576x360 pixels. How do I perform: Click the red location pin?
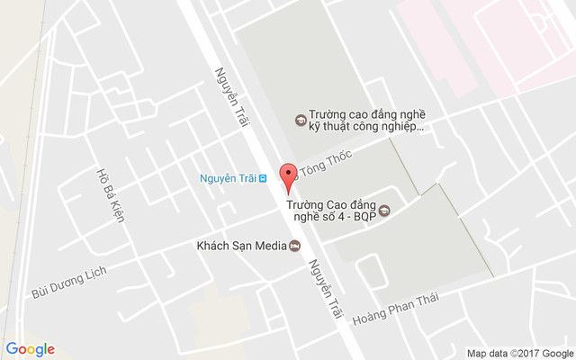(x=288, y=177)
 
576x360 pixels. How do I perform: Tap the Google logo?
(x=30, y=349)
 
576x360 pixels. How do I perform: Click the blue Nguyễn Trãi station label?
(x=227, y=178)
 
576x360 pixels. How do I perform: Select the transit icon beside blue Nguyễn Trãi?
(x=262, y=178)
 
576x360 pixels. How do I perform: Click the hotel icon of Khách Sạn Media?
(x=294, y=246)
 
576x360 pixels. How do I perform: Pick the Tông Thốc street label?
(x=326, y=164)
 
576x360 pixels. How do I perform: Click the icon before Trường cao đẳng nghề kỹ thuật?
(x=300, y=119)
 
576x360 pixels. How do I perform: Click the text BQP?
(x=364, y=217)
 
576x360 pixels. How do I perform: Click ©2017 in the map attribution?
(x=525, y=352)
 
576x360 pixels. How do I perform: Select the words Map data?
(x=487, y=352)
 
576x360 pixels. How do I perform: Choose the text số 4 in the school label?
(x=328, y=217)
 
